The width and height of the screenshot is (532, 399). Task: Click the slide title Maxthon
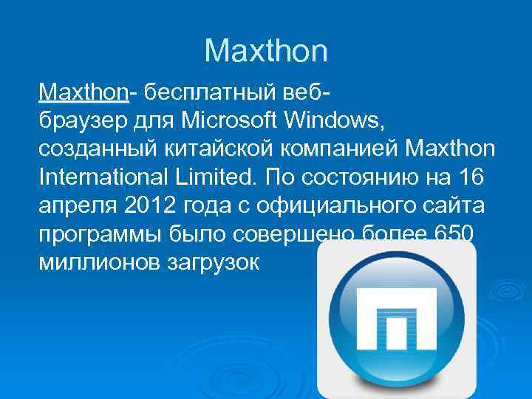pyautogui.click(x=265, y=51)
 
